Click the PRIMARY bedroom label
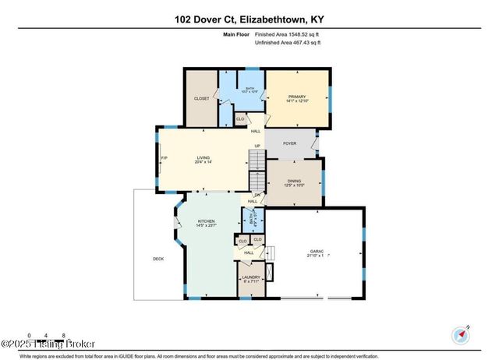point(296,97)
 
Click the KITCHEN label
point(206,221)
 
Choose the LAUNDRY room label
point(251,277)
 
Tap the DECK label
point(158,258)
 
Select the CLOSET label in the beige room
point(201,98)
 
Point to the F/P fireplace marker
point(164,159)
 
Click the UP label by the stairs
point(257,146)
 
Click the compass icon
point(459,335)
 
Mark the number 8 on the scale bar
point(62,334)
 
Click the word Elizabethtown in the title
point(270,10)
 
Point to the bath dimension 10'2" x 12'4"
point(249,93)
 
